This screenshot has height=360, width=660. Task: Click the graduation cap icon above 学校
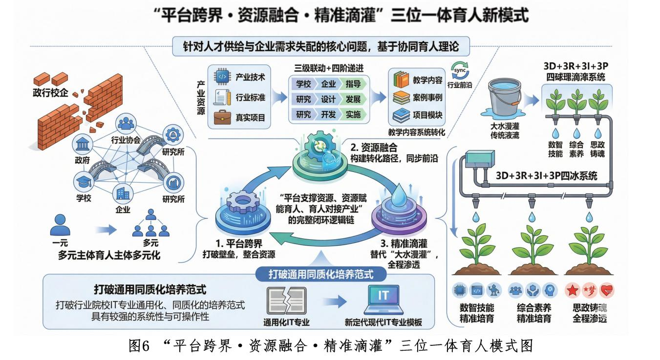coord(83,183)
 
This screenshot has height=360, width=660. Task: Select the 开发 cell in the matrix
coord(328,114)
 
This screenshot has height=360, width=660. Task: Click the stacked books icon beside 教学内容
coord(402,79)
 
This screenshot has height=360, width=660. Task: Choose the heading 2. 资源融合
coord(374,147)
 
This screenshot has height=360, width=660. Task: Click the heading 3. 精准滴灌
coord(397,242)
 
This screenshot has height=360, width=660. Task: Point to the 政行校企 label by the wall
coord(47,93)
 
